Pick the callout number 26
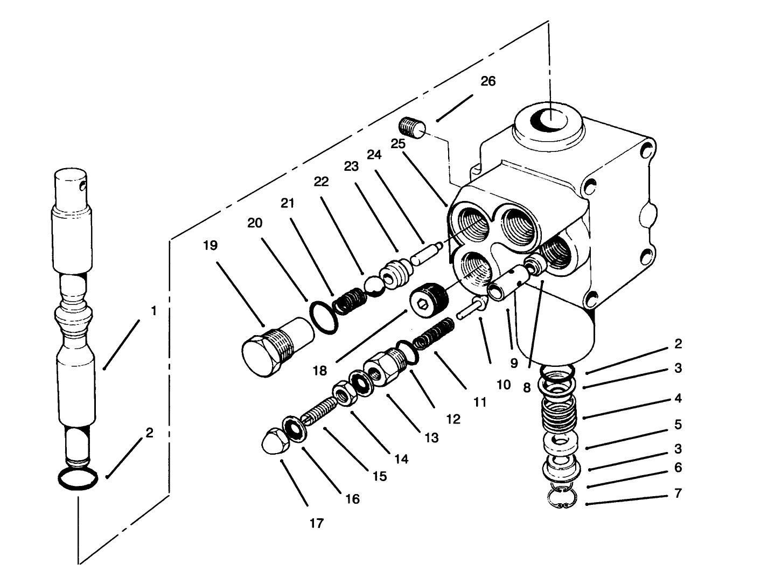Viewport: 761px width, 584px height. [x=488, y=81]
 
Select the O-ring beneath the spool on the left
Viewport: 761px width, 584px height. [x=78, y=478]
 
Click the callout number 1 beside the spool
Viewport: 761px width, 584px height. [x=153, y=311]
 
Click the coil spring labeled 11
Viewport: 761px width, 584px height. [x=434, y=334]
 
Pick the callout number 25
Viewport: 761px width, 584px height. [x=397, y=144]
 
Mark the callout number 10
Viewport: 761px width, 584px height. [x=503, y=384]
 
